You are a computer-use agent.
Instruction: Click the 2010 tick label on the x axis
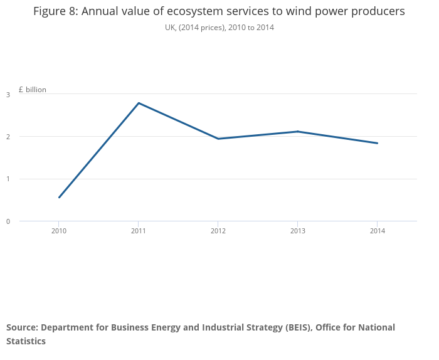click(x=59, y=231)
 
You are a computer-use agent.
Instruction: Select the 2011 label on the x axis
click(x=139, y=231)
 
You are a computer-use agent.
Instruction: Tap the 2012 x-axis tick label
click(x=218, y=231)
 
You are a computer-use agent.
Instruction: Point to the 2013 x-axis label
click(x=298, y=231)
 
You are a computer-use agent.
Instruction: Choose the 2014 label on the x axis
click(x=377, y=231)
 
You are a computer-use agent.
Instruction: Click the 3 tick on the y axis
click(x=8, y=95)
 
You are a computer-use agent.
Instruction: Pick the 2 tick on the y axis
click(x=8, y=137)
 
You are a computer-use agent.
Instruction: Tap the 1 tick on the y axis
click(x=8, y=179)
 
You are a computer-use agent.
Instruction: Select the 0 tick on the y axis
click(x=8, y=221)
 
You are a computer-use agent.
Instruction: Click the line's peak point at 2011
click(x=139, y=103)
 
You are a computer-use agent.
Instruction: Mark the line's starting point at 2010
click(x=59, y=198)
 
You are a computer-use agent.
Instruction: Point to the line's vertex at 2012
click(x=218, y=139)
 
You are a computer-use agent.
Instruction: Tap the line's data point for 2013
click(x=298, y=132)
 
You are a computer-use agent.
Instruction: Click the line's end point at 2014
click(x=377, y=143)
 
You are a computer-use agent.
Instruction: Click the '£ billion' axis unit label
click(x=33, y=90)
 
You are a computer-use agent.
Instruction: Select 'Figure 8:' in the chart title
click(x=56, y=12)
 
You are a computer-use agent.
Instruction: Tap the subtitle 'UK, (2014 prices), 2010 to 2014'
click(x=219, y=28)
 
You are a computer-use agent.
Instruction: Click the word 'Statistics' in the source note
click(x=26, y=341)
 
